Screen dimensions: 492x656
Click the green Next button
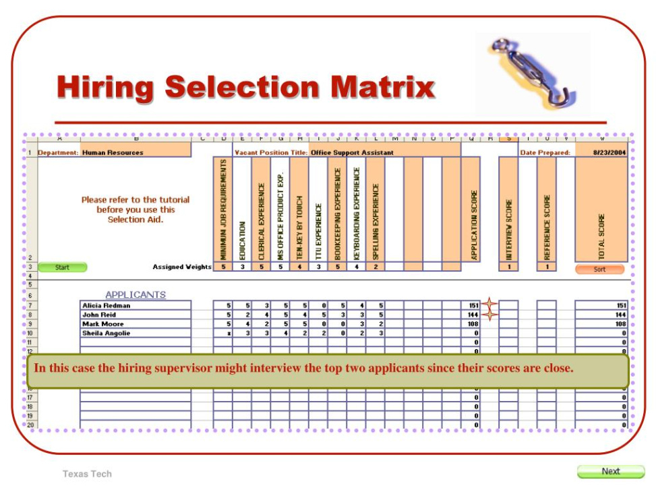(x=610, y=471)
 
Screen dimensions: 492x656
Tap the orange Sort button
(x=599, y=269)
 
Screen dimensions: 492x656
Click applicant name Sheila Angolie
(x=106, y=333)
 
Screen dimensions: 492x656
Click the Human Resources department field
(x=113, y=153)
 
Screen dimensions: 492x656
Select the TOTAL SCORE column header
(x=601, y=236)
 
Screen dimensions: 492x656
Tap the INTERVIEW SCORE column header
(x=508, y=229)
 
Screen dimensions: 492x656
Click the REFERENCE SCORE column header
(x=547, y=227)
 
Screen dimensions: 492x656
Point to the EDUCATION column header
(x=241, y=240)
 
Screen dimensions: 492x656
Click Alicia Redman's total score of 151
(x=621, y=305)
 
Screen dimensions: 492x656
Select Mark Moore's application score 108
(x=473, y=324)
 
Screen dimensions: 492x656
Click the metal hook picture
(x=532, y=72)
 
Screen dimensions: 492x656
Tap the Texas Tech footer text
(x=87, y=474)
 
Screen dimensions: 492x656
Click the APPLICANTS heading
(x=136, y=295)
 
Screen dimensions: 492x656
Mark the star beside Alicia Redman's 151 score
(x=489, y=305)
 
